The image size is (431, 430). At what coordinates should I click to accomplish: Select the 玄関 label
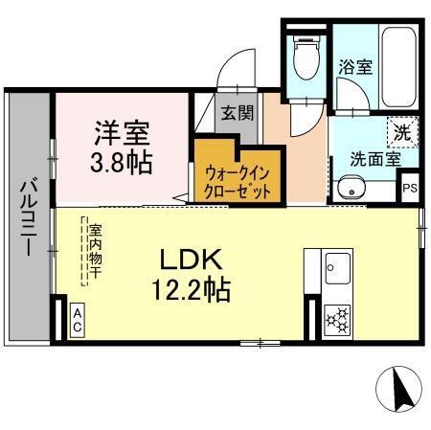(x=238, y=113)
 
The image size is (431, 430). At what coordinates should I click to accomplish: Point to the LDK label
(x=191, y=259)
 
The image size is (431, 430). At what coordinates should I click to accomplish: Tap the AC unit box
(x=78, y=320)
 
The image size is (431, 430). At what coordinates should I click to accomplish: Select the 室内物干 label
(x=95, y=251)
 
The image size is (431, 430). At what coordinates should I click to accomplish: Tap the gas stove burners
(x=338, y=319)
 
